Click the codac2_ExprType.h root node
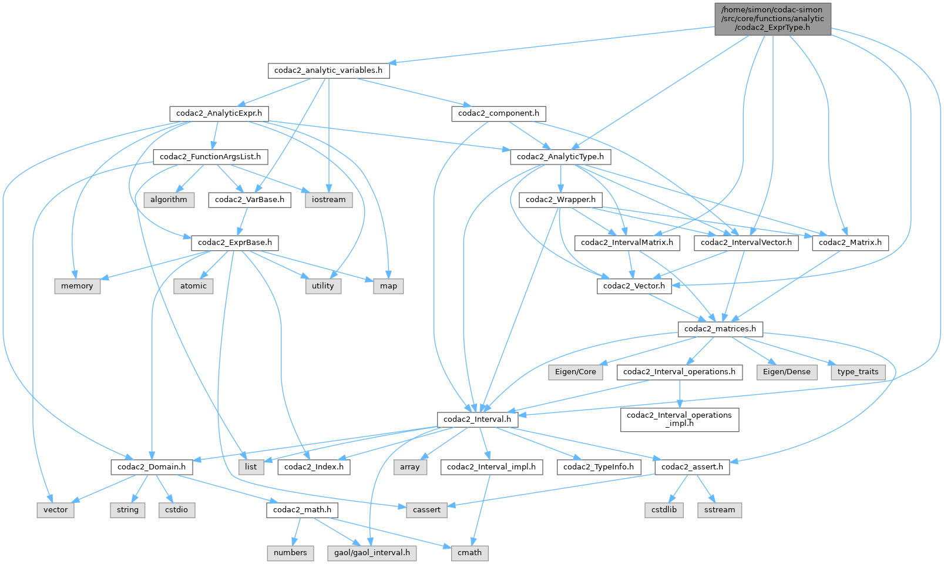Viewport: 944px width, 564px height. click(772, 18)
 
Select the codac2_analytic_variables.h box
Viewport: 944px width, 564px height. click(328, 70)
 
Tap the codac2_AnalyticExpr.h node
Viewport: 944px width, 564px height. click(219, 113)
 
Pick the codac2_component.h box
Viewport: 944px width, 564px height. click(498, 113)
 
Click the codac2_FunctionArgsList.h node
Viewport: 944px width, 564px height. click(211, 157)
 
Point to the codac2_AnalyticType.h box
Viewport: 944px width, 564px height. click(560, 157)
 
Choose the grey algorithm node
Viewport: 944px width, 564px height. click(169, 200)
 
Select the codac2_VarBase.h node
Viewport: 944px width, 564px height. click(250, 200)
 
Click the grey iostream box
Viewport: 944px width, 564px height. click(329, 200)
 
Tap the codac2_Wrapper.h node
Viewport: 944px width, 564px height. click(560, 200)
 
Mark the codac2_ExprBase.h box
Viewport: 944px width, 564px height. click(235, 243)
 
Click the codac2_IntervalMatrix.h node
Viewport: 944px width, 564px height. click(627, 243)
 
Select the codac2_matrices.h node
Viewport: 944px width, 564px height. click(720, 329)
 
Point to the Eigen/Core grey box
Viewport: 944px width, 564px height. click(575, 372)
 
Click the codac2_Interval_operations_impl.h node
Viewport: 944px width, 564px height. click(679, 419)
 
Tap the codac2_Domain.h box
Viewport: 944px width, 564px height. click(152, 467)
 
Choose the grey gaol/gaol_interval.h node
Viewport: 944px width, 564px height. click(372, 553)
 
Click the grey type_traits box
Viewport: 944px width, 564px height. click(858, 372)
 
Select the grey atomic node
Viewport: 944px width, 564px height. click(193, 286)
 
